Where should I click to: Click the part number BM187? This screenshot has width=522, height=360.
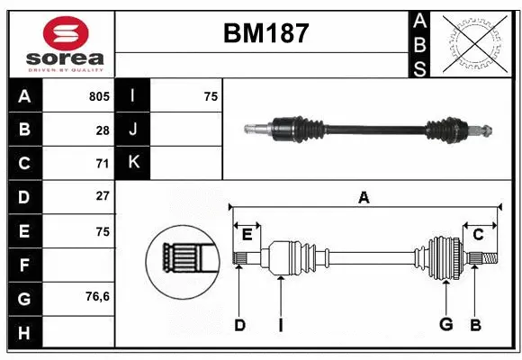(265, 34)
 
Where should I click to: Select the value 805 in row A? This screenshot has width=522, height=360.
(98, 96)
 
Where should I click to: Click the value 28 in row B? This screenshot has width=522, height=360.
(103, 130)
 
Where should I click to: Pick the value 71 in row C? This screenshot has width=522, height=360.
(103, 163)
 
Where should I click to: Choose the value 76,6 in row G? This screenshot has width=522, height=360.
(97, 296)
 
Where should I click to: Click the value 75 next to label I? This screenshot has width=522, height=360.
(211, 96)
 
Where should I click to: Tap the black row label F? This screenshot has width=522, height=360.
(24, 264)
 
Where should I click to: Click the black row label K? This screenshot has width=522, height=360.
(133, 163)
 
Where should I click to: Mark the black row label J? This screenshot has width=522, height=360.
(133, 130)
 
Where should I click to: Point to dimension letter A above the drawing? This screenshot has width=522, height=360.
(364, 198)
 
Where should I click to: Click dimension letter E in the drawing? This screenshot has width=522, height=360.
(247, 235)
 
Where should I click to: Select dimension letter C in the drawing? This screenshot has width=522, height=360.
(479, 235)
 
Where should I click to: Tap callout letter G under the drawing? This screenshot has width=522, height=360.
(445, 325)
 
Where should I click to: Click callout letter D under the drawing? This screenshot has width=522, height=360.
(239, 325)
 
